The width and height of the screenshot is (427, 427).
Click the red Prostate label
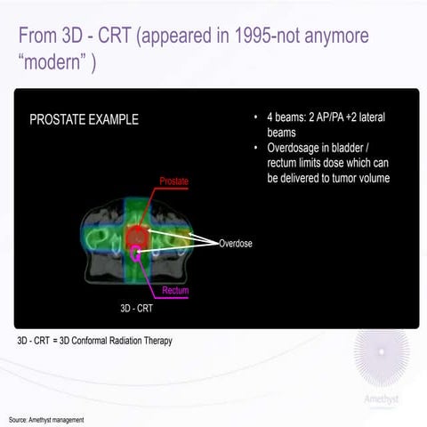pos(173,181)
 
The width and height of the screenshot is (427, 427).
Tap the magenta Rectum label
pos(175,290)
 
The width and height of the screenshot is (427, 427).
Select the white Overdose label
pos(235,242)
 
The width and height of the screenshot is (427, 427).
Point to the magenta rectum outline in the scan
pos(135,255)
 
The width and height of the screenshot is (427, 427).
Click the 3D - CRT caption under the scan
pos(138,309)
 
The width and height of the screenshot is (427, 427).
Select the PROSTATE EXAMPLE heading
pos(84,119)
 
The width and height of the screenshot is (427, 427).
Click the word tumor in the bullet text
pos(341,178)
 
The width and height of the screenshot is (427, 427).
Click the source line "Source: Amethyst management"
pos(46,419)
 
